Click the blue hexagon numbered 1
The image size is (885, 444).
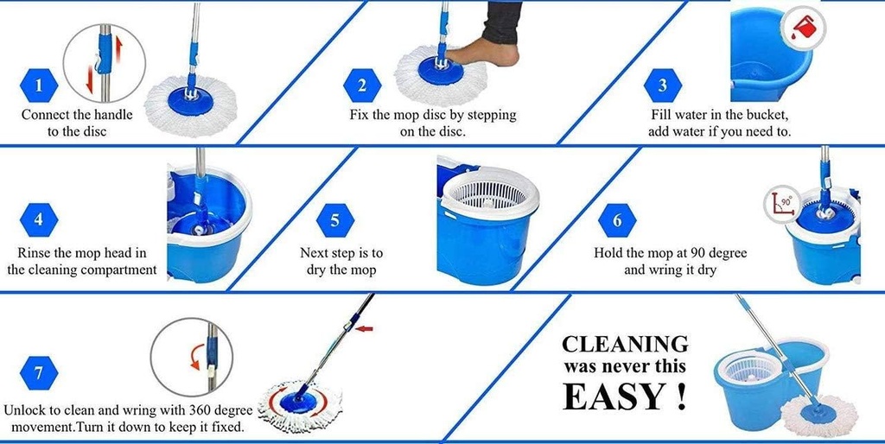(38, 86)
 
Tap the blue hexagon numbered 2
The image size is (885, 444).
(362, 86)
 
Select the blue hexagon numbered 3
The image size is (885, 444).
(663, 86)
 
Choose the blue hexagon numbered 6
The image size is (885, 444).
(617, 220)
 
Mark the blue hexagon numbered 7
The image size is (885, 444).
(38, 373)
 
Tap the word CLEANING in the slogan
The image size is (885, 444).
(625, 344)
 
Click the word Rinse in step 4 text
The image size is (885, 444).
(35, 253)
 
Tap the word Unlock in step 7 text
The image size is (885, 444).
(26, 410)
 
